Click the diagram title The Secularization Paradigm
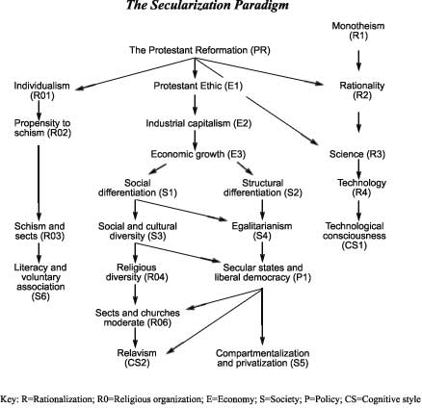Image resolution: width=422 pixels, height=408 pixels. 207,5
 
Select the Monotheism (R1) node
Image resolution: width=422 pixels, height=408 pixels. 358,31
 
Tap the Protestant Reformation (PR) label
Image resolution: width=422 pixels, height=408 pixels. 199,50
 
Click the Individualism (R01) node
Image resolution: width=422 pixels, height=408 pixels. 41,90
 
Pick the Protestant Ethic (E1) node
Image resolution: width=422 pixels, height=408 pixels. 198,86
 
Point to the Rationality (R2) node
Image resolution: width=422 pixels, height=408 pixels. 362,90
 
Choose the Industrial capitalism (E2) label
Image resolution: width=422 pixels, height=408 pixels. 198,123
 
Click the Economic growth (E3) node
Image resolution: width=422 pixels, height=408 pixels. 198,154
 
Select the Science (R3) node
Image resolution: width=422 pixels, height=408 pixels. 357,154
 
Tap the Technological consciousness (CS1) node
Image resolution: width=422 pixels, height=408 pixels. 355,236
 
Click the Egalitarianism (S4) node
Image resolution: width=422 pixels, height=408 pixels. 262,231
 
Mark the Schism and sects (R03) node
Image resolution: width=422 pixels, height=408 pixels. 40,231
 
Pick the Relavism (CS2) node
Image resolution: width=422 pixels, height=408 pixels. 137,358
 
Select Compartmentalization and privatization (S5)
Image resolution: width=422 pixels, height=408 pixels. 263,358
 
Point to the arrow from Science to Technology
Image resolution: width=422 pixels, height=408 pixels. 358,168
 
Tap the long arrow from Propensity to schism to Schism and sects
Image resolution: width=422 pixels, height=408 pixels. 39,182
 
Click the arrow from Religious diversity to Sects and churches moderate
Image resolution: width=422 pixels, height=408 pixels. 135,293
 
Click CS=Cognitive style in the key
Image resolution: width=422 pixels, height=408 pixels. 382,399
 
